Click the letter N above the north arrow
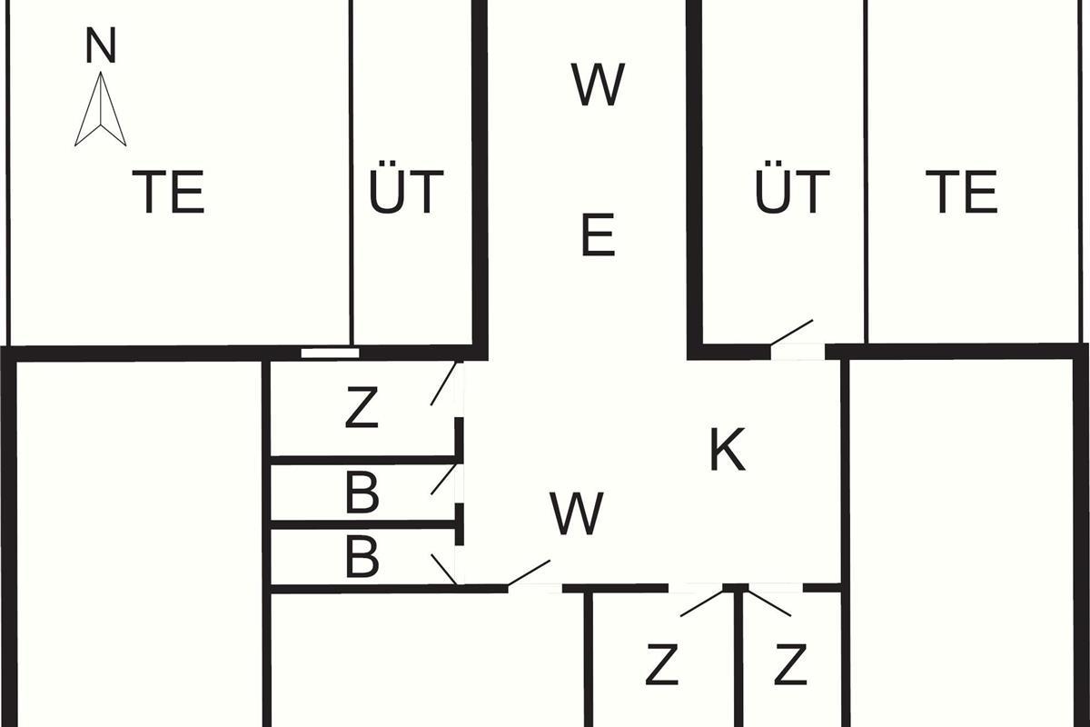point(100,46)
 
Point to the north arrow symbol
point(100,110)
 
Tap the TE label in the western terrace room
point(168,192)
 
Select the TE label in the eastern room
point(962,192)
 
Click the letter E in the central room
point(598,234)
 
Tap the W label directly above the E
point(598,85)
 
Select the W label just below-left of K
point(577,513)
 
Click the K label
point(727,450)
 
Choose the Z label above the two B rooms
point(361,409)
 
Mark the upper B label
point(362,494)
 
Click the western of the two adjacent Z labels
point(662,665)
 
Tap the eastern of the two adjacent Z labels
point(791,665)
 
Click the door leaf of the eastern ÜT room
point(791,333)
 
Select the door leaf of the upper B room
point(444,479)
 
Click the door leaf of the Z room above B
point(443,383)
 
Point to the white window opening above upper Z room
point(330,353)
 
